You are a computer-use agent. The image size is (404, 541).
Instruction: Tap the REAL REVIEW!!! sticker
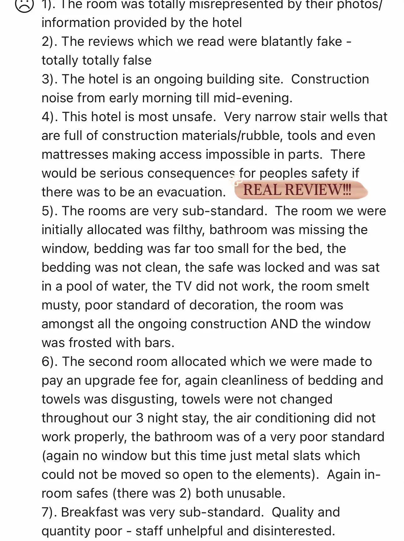298,190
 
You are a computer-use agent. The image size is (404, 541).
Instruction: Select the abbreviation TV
184,286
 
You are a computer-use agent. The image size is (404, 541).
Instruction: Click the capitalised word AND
284,324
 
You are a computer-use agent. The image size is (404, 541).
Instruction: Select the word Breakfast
90,512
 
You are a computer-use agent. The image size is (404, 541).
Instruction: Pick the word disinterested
294,531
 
